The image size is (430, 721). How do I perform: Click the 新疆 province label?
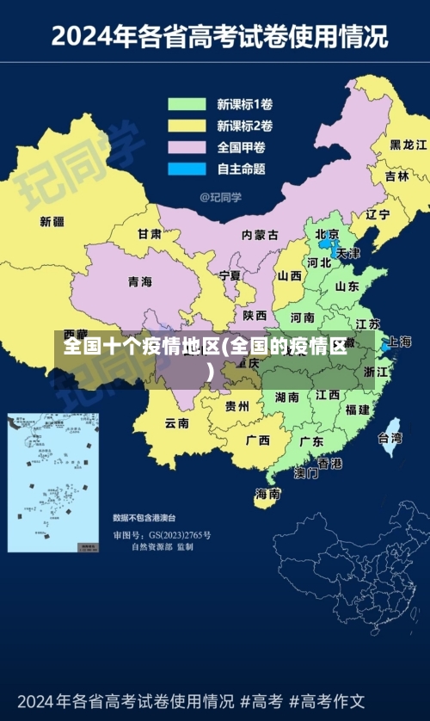pyautogui.click(x=52, y=221)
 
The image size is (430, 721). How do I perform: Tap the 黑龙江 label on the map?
pyautogui.click(x=408, y=144)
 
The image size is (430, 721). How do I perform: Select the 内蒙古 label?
pyautogui.click(x=260, y=234)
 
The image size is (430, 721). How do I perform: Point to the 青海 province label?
pyautogui.click(x=139, y=281)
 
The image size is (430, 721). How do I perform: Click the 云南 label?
pyautogui.click(x=177, y=422)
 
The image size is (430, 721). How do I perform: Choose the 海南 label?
pyautogui.click(x=267, y=494)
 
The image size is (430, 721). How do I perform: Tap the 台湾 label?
pyautogui.click(x=390, y=437)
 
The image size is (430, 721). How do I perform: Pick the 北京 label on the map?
pyautogui.click(x=327, y=233)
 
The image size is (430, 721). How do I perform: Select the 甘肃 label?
pyautogui.click(x=150, y=233)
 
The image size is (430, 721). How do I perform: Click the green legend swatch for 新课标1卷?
pyautogui.click(x=187, y=105)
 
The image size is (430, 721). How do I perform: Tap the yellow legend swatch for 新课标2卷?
pyautogui.click(x=187, y=126)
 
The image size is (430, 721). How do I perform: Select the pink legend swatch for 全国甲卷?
pyautogui.click(x=187, y=147)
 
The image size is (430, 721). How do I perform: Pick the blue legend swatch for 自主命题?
pyautogui.click(x=187, y=169)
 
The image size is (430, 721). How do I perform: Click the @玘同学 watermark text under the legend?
pyautogui.click(x=221, y=197)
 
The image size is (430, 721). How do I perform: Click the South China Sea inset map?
pyautogui.click(x=53, y=482)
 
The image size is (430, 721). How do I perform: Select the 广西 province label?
pyautogui.click(x=257, y=440)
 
